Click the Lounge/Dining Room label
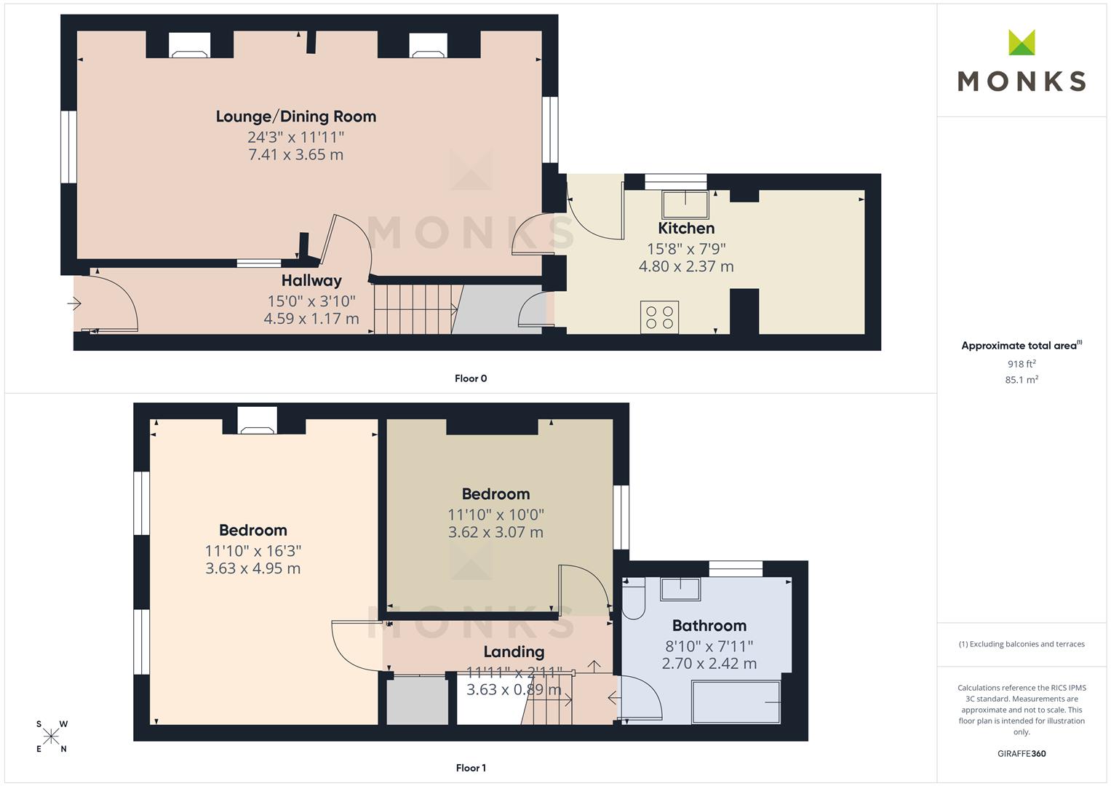(295, 116)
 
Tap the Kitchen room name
(686, 229)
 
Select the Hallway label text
(311, 281)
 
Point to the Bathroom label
(709, 626)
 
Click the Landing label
(514, 651)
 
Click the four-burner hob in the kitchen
(660, 317)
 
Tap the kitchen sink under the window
(685, 204)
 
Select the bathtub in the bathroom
(736, 702)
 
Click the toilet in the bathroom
(634, 598)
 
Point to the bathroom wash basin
(680, 589)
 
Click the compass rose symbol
(51, 737)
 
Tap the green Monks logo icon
(1022, 42)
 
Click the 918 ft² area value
(1022, 364)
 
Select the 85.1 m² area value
(1022, 380)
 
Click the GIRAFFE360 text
(1022, 753)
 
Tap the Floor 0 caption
(471, 378)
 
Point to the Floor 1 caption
(471, 768)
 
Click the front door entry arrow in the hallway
(74, 303)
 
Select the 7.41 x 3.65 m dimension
(295, 154)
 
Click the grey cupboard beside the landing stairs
(417, 701)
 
